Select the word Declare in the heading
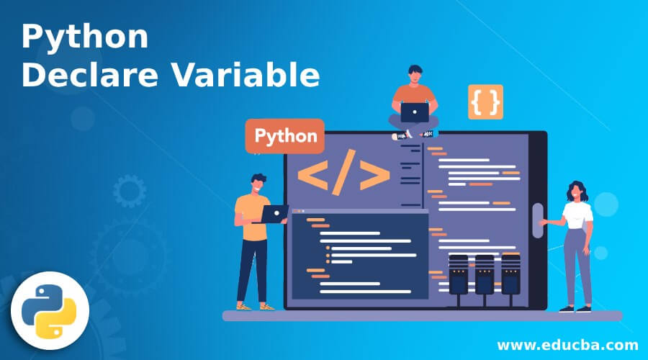point(90,74)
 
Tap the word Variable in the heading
point(246,74)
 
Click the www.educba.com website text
point(568,345)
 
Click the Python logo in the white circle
point(49,311)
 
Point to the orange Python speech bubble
point(284,136)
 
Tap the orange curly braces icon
point(485,102)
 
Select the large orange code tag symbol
point(344,172)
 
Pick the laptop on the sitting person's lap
point(415,112)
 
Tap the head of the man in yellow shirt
point(258,184)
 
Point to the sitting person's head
point(415,74)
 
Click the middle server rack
point(485,275)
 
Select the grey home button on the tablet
point(538,221)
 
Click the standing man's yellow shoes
point(256,307)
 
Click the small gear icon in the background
point(130,191)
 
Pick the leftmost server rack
point(459,275)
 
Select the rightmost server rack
point(510,275)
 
